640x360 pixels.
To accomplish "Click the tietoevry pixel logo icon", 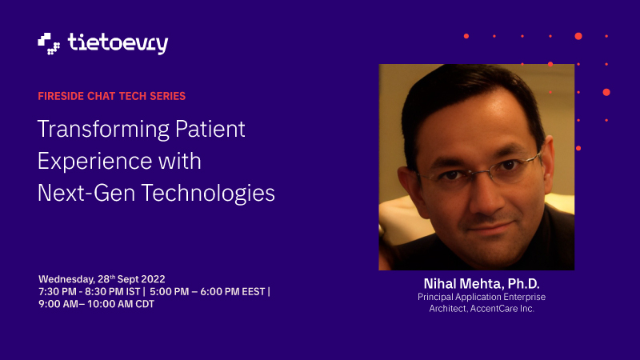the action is pyautogui.click(x=49, y=44).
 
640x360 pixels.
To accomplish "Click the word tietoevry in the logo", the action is pyautogui.click(x=118, y=44).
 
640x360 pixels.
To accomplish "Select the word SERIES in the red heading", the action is pyautogui.click(x=168, y=96).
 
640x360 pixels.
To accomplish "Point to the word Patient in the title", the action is pyautogui.click(x=210, y=129).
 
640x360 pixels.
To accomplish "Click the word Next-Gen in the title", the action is pyautogui.click(x=86, y=193).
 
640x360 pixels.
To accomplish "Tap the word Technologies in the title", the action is pyautogui.click(x=208, y=194).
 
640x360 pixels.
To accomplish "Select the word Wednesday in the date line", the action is pyautogui.click(x=67, y=279).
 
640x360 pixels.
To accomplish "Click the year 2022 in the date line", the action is pyautogui.click(x=153, y=279).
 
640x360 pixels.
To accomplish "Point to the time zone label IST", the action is pyautogui.click(x=133, y=292).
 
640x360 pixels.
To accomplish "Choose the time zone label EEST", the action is pyautogui.click(x=254, y=292).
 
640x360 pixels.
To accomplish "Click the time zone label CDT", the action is pyautogui.click(x=145, y=304).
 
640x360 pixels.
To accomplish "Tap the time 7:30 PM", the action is pyautogui.click(x=58, y=292).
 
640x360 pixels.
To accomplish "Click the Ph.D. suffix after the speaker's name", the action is pyautogui.click(x=524, y=284).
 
